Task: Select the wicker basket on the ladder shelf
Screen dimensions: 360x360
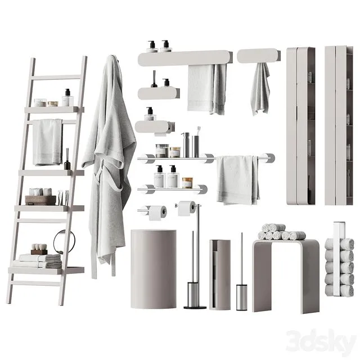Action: pyautogui.click(x=40, y=200)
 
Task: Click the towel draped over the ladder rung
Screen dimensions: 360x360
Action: pyautogui.click(x=47, y=142)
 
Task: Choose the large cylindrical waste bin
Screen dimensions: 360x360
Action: pyautogui.click(x=154, y=269)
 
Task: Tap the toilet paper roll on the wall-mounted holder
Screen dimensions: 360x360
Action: pyautogui.click(x=157, y=212)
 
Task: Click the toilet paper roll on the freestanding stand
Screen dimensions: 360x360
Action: pyautogui.click(x=187, y=208)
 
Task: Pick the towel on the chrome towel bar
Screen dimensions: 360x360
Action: pyautogui.click(x=238, y=179)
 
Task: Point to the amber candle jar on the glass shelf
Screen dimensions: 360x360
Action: pyautogui.click(x=187, y=182)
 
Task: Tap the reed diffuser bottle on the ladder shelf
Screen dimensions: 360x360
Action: pyautogui.click(x=67, y=163)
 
